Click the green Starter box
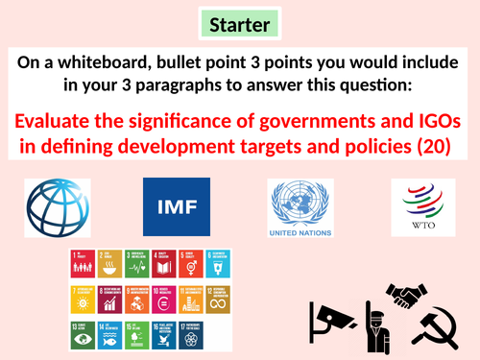click(241, 22)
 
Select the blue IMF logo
click(171, 206)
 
